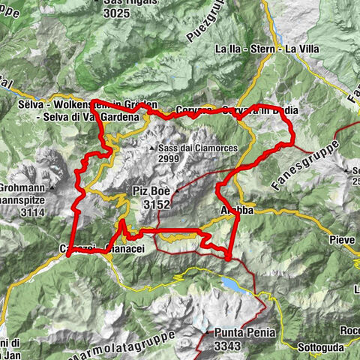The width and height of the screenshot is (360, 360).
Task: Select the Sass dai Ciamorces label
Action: tap(197, 148)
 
